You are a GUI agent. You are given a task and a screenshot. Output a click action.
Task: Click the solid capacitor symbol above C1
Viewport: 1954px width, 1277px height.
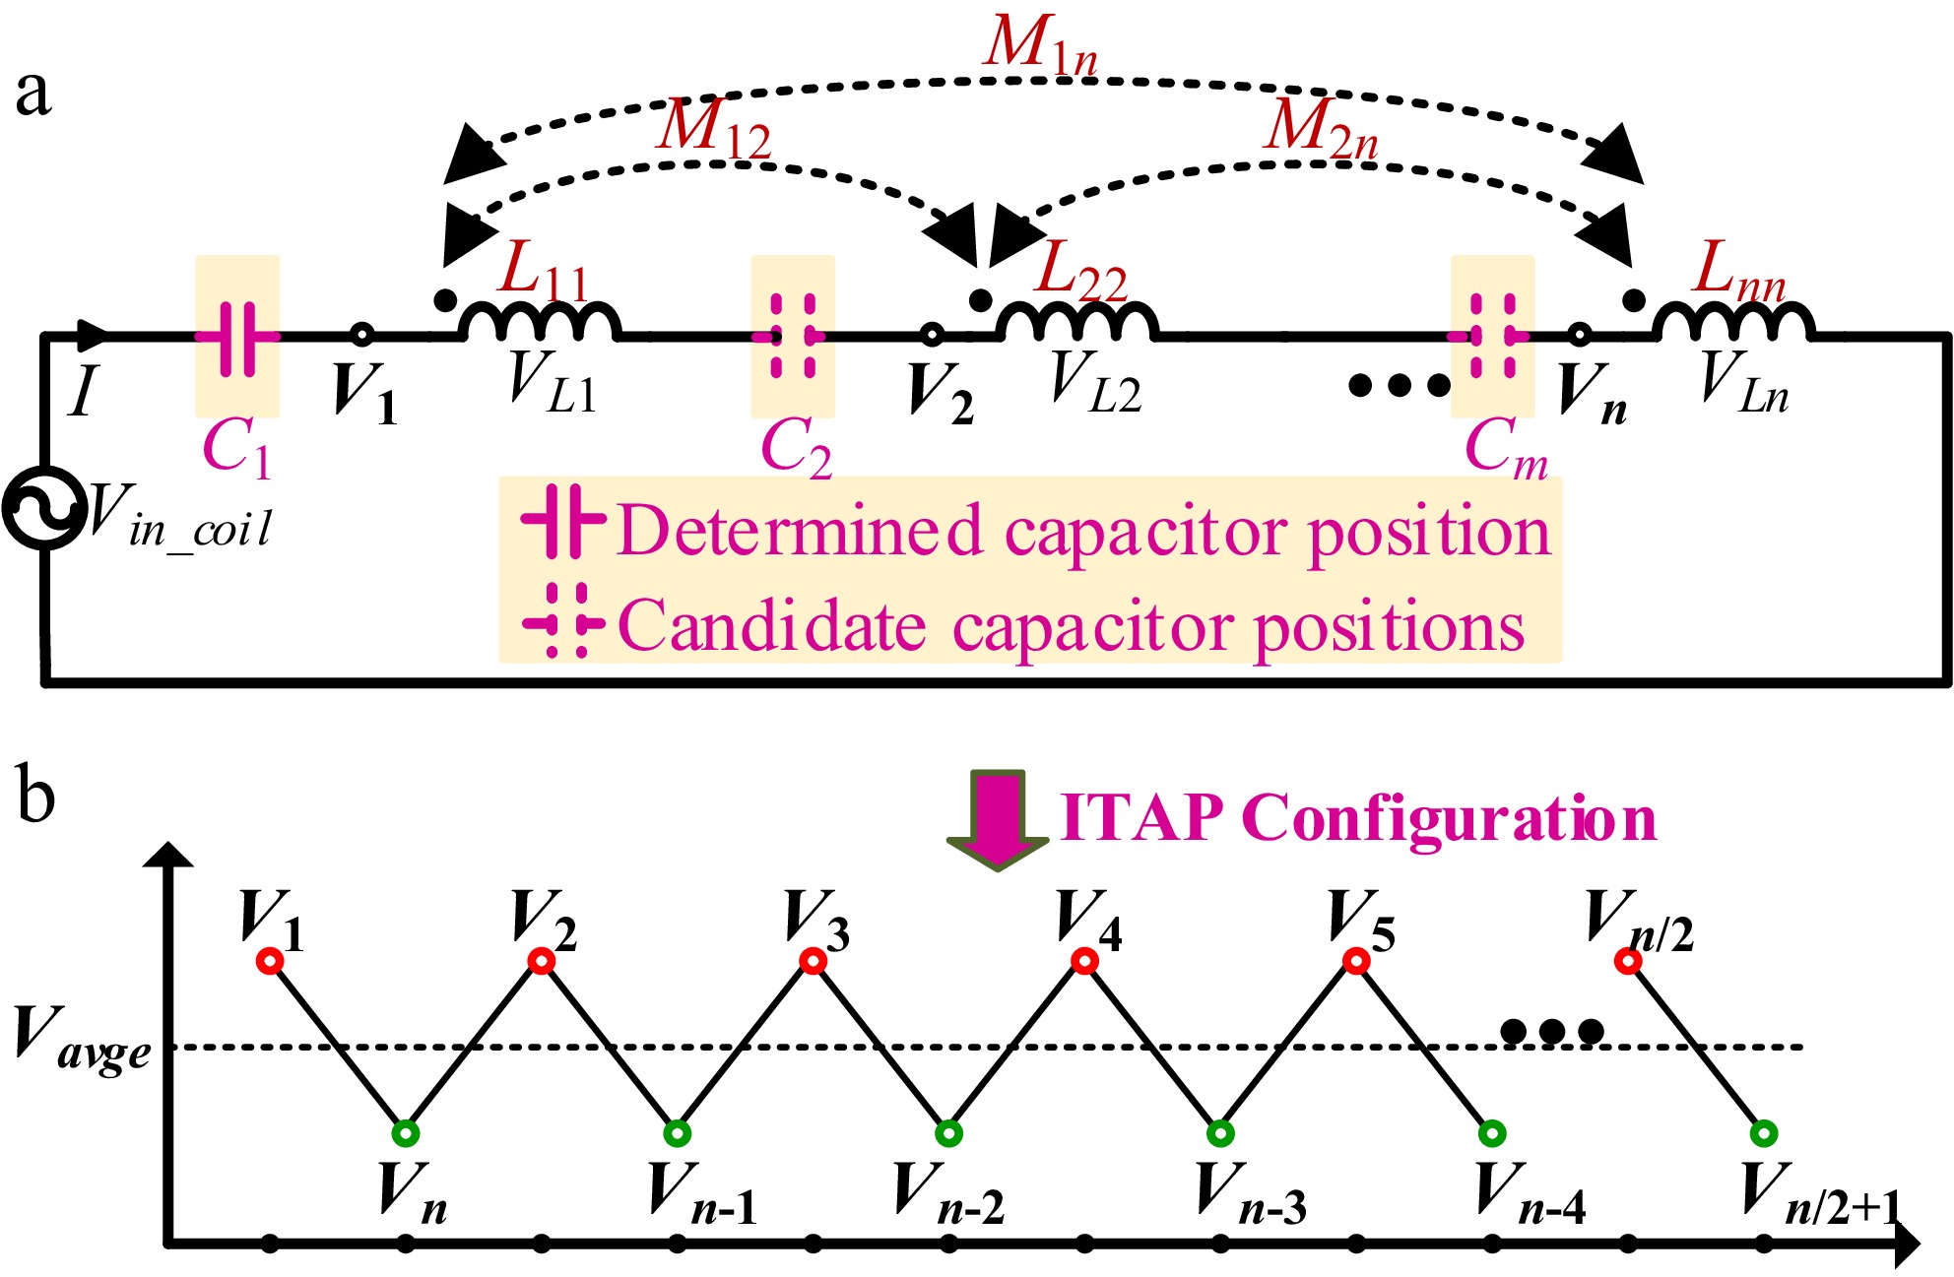(x=237, y=337)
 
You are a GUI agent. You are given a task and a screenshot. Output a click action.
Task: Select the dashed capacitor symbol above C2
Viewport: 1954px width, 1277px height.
(x=792, y=337)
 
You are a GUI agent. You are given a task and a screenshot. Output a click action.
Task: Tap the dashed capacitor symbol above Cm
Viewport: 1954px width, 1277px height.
(x=1489, y=337)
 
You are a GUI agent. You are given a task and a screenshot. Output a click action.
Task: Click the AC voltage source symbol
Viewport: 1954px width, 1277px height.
(x=43, y=508)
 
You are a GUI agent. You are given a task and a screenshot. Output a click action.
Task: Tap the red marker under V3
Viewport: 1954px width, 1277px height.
(x=813, y=961)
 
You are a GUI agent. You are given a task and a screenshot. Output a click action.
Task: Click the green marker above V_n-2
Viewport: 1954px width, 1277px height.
(x=948, y=1133)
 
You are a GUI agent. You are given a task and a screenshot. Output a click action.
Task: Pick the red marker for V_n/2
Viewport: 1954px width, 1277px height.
(x=1628, y=961)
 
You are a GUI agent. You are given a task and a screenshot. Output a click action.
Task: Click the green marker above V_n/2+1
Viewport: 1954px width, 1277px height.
(x=1764, y=1133)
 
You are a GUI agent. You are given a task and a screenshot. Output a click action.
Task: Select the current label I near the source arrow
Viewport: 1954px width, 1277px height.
(x=85, y=390)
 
